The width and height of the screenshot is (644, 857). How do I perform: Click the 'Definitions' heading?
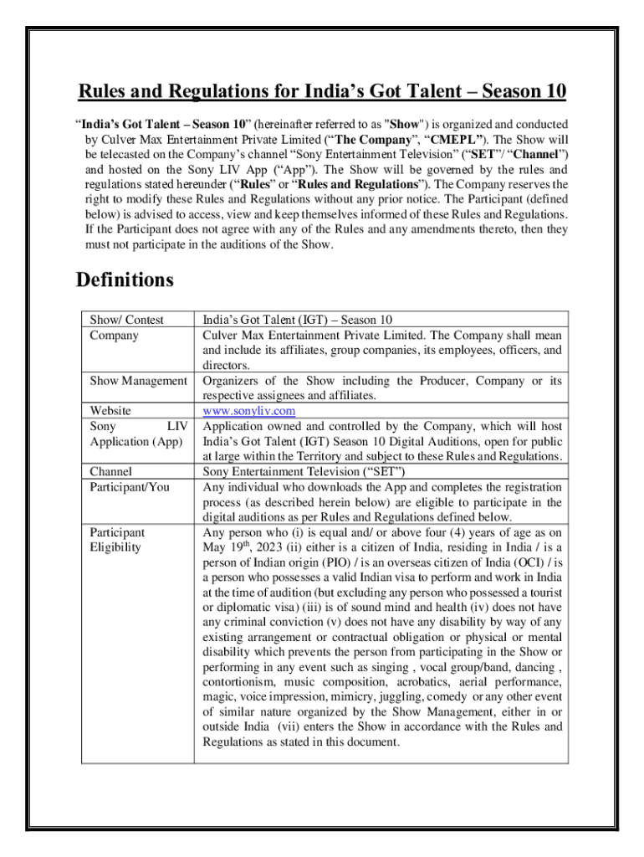[125, 279]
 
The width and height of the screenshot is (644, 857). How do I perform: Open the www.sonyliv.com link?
[249, 411]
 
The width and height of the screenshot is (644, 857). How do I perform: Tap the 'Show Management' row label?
[139, 381]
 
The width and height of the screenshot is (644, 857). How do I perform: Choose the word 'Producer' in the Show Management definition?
[441, 381]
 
